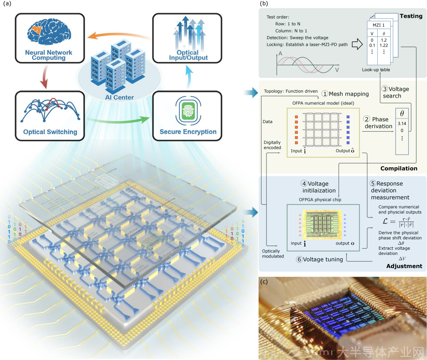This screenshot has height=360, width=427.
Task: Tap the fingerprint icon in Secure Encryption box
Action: pos(188,111)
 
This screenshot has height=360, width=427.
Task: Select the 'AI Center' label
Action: pos(119,97)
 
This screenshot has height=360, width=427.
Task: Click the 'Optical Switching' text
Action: pos(50,132)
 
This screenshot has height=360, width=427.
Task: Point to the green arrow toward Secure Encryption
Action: pos(118,119)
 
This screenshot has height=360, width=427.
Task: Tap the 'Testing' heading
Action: pos(411,16)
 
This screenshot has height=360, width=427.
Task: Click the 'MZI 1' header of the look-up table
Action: pos(378,25)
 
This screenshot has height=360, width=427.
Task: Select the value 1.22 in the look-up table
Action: pos(384,45)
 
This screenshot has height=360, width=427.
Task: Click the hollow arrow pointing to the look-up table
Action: pos(357,44)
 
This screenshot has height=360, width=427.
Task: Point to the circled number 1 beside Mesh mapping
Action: pos(325,94)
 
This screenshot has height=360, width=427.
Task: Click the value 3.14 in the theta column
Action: pos(402,123)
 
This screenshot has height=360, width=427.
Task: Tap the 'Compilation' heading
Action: pos(399,168)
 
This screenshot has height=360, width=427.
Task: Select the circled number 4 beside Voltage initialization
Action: pos(304,183)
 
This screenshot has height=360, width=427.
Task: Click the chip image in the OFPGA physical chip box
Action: pos(322,224)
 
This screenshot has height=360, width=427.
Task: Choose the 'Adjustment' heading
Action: pos(404,266)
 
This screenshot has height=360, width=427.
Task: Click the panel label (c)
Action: pos(264,281)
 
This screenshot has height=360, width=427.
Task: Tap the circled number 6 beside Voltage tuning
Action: pos(299,259)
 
